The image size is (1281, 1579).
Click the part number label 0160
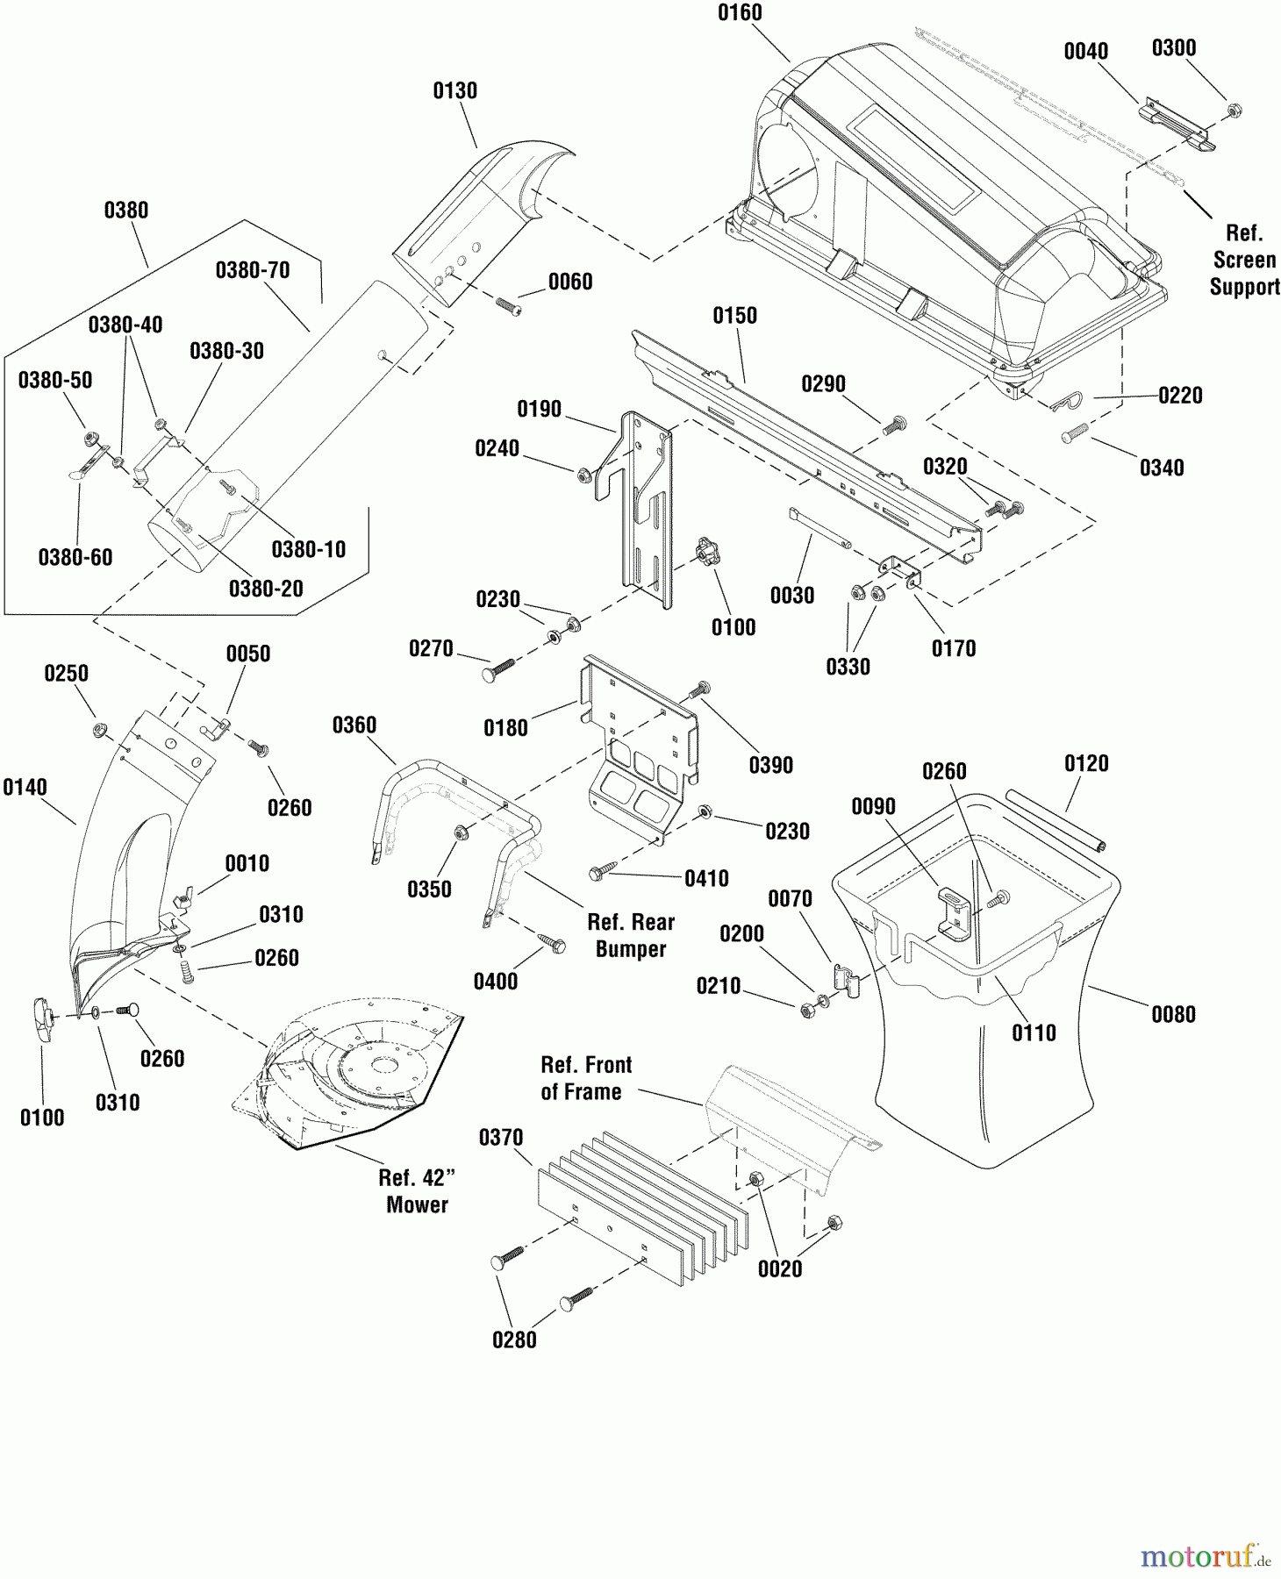coord(740,13)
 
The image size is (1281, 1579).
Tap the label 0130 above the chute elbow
coord(455,91)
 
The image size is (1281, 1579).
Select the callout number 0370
coord(501,1138)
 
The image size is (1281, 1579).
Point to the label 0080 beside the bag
coord(1173,1015)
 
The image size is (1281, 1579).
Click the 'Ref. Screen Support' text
coord(1244,261)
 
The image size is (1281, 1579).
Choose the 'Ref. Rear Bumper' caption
coord(631,936)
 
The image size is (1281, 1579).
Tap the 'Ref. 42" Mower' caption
coord(417,1191)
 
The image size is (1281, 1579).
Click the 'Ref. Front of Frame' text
coord(585,1078)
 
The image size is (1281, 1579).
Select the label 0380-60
coord(75,558)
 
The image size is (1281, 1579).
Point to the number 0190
coord(539,410)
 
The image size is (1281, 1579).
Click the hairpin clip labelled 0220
coord(1070,403)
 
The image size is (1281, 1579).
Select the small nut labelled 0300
coord(1234,111)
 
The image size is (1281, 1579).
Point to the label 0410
coord(706,879)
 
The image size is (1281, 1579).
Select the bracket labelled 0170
coord(900,572)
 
